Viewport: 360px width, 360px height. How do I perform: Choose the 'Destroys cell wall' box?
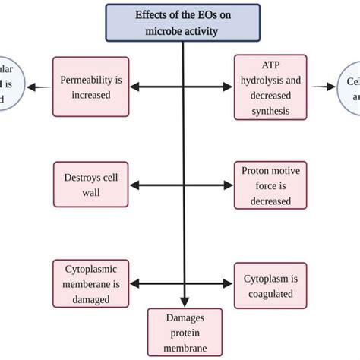coord(91,185)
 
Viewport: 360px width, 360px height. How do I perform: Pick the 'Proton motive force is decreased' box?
coord(272,185)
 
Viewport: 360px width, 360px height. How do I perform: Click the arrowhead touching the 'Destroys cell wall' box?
coord(134,185)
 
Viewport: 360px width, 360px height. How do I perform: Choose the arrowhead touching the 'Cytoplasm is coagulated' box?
coord(229,284)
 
